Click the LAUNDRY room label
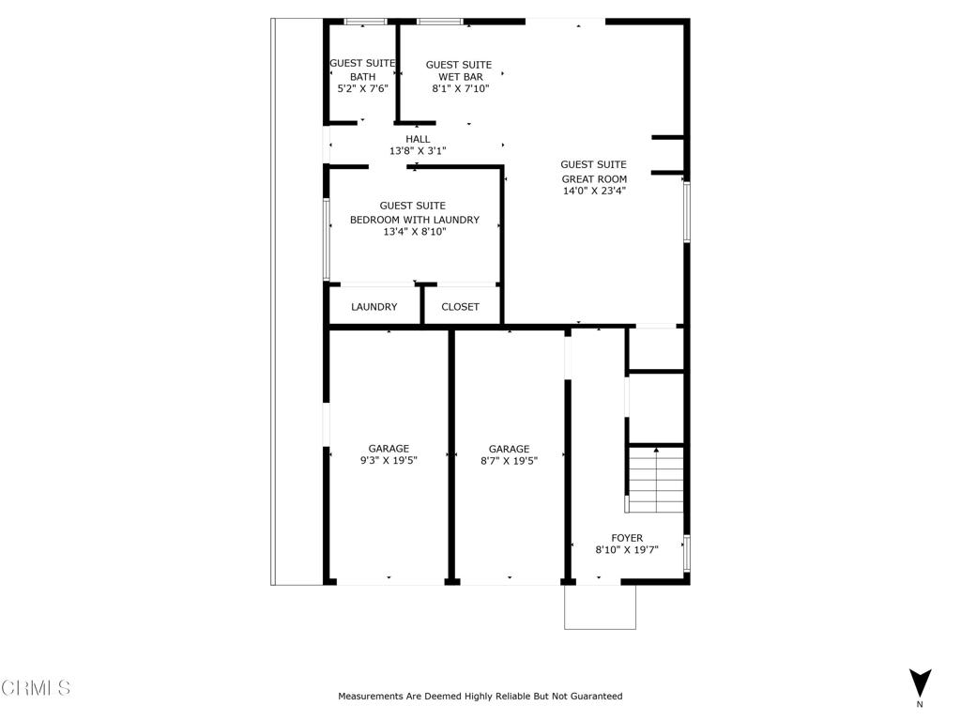(374, 307)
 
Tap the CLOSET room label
(460, 307)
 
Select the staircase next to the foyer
(655, 480)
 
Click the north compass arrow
(920, 683)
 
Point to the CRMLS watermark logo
(36, 688)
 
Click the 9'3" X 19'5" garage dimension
(388, 461)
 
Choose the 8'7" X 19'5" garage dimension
(508, 461)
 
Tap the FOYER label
(627, 538)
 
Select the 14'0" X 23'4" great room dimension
(593, 191)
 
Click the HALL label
(418, 139)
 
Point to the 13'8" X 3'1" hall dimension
(418, 151)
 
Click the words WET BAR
(460, 77)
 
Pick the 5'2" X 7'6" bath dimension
(362, 89)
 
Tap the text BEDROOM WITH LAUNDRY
(414, 220)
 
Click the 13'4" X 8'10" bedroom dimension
(414, 232)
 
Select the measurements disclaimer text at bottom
(480, 697)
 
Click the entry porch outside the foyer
(600, 607)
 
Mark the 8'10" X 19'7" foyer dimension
(627, 550)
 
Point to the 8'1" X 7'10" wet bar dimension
(460, 89)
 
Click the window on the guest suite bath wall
(365, 22)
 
